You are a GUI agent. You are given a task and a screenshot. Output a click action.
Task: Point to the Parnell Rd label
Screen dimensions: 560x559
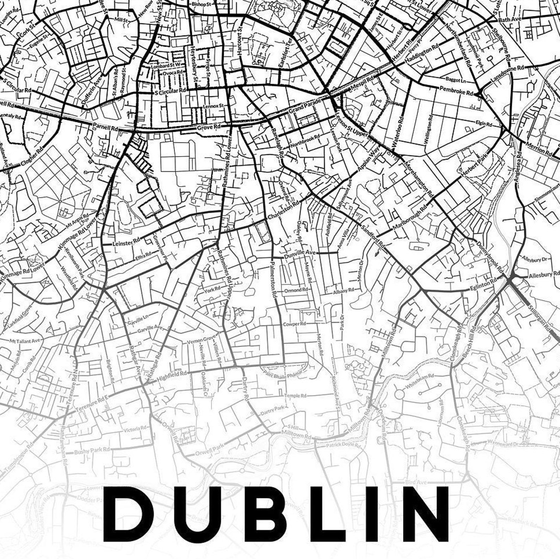tap(105, 127)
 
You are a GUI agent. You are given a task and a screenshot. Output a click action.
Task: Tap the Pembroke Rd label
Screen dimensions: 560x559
tap(456, 91)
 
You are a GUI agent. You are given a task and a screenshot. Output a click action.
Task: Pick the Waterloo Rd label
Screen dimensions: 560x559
tap(398, 132)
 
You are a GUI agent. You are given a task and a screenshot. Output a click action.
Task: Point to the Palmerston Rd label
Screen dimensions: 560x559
tap(273, 279)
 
